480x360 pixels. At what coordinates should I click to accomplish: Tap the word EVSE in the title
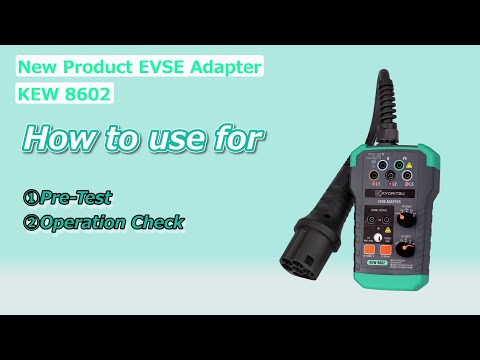(158, 67)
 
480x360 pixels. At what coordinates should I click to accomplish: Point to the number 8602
(87, 95)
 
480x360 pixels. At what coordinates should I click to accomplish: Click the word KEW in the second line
(40, 95)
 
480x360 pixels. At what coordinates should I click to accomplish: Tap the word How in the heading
(57, 139)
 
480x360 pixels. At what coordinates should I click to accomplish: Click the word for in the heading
(241, 139)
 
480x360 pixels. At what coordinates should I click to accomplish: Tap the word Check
(158, 222)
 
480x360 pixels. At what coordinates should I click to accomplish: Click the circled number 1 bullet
(31, 198)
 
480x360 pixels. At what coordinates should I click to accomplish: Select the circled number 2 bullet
(31, 222)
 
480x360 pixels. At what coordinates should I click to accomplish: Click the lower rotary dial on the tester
(404, 248)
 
